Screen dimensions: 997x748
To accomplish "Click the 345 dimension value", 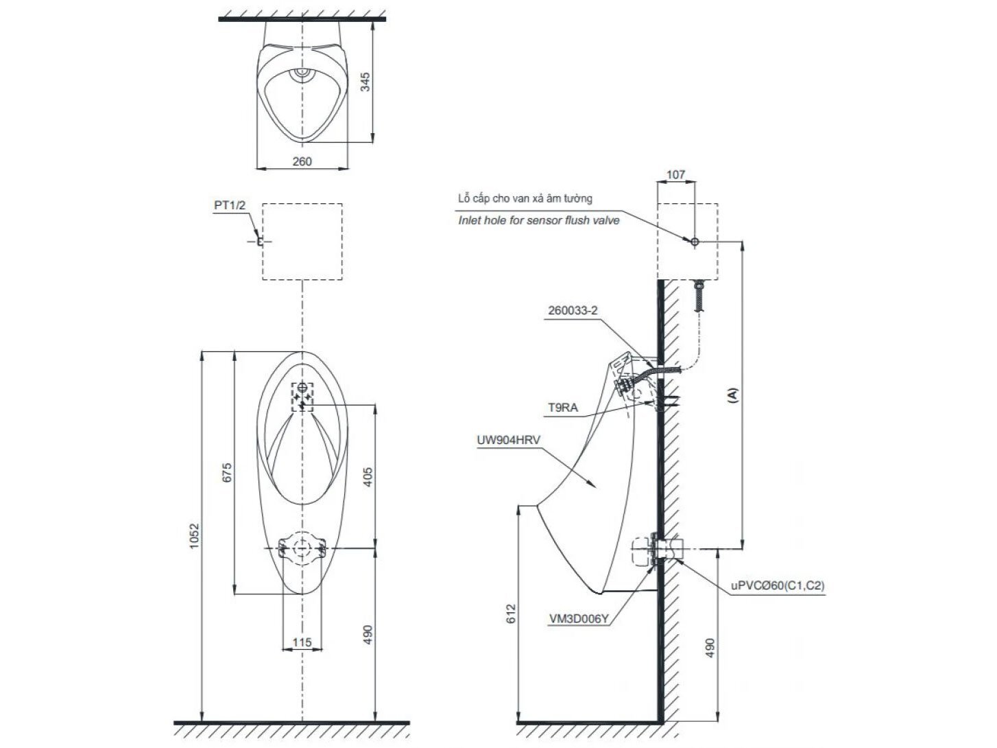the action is (x=365, y=82).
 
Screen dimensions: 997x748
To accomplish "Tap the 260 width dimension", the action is (x=302, y=161).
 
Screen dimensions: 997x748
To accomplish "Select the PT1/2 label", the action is (x=230, y=205).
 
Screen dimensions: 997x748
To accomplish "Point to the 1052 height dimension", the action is (x=195, y=536).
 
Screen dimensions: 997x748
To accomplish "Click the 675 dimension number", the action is (x=227, y=473).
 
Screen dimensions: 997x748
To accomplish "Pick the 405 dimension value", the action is (x=368, y=477).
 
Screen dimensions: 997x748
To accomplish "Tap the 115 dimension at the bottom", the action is (x=302, y=642).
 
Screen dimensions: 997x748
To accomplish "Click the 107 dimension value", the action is (x=675, y=174).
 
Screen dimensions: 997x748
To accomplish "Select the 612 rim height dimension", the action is (x=511, y=613).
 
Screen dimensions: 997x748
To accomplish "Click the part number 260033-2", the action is (x=573, y=310).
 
